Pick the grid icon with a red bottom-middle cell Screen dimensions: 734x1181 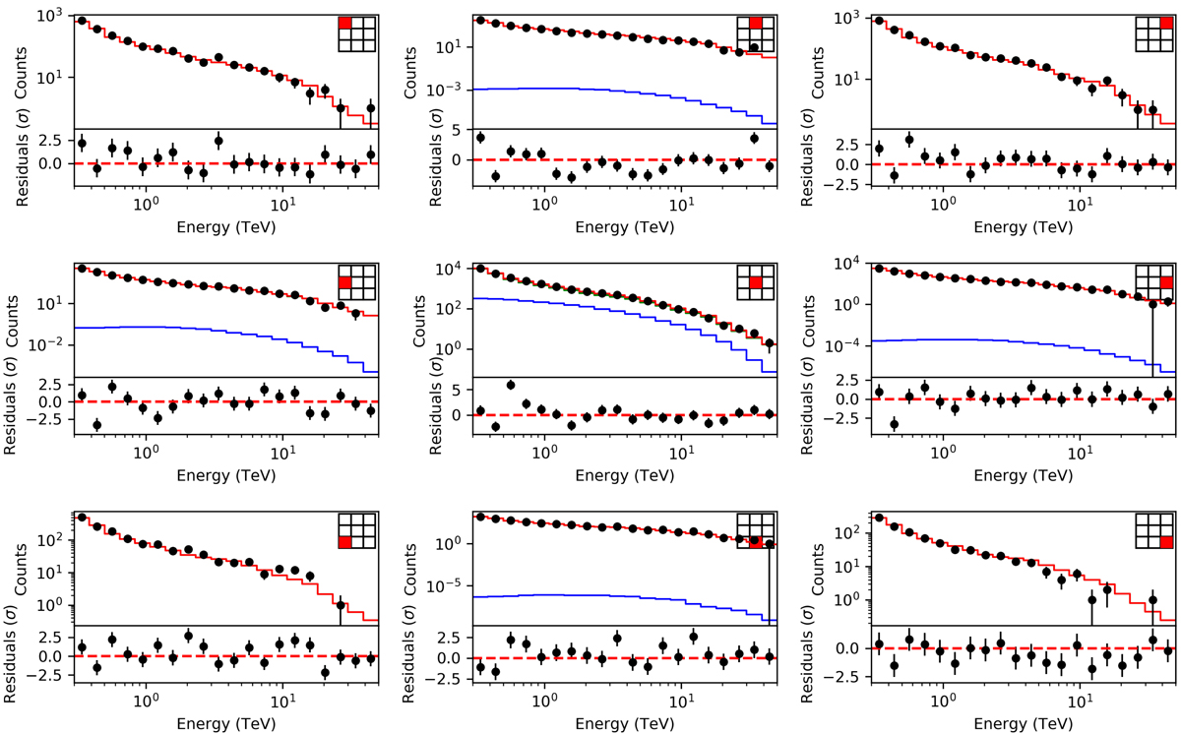[755, 543]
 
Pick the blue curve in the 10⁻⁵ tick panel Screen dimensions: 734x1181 [590, 595]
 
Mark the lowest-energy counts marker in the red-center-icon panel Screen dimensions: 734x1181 [479, 268]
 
